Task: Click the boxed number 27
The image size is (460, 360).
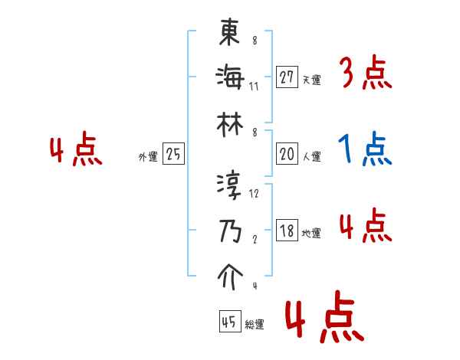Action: click(287, 77)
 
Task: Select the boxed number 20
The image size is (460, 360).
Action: click(287, 154)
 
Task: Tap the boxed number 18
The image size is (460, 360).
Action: click(287, 231)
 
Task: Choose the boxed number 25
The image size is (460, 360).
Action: click(173, 154)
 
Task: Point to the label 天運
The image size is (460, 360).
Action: click(311, 80)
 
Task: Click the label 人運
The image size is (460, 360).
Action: click(311, 156)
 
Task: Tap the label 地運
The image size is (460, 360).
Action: click(311, 233)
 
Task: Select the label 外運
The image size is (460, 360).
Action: click(147, 156)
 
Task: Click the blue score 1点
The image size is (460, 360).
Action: click(365, 149)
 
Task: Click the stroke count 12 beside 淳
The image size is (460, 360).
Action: click(255, 194)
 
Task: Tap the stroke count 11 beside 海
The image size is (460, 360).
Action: click(254, 85)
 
